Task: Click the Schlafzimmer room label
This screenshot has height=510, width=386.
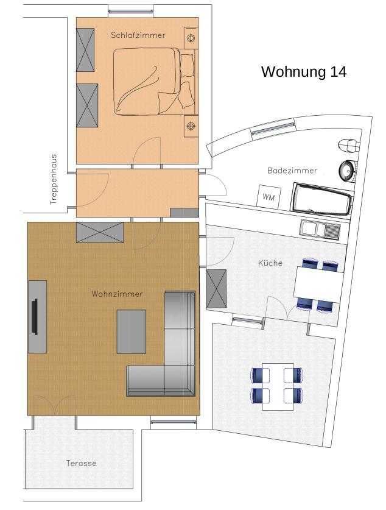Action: click(138, 35)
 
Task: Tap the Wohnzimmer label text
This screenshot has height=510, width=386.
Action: click(117, 294)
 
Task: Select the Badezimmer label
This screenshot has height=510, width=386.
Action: click(292, 171)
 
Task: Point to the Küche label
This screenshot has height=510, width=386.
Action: click(270, 263)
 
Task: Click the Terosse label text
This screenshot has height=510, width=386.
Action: click(81, 463)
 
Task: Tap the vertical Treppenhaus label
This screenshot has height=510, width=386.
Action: click(54, 179)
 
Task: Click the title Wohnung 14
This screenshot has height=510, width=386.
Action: click(304, 72)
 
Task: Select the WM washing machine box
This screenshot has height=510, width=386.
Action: click(268, 196)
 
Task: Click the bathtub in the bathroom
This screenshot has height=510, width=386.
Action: click(321, 199)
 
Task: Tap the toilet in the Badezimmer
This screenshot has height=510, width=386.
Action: click(348, 146)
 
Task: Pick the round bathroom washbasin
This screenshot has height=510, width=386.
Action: click(346, 170)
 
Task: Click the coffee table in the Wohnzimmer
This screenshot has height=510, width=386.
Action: click(132, 331)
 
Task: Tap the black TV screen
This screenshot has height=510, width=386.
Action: click(35, 317)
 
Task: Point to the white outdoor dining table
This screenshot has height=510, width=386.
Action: click(278, 386)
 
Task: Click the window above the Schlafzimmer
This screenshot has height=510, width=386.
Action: click(131, 12)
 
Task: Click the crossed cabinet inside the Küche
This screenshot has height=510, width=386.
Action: click(216, 288)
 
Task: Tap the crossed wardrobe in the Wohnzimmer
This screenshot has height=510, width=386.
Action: click(100, 232)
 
